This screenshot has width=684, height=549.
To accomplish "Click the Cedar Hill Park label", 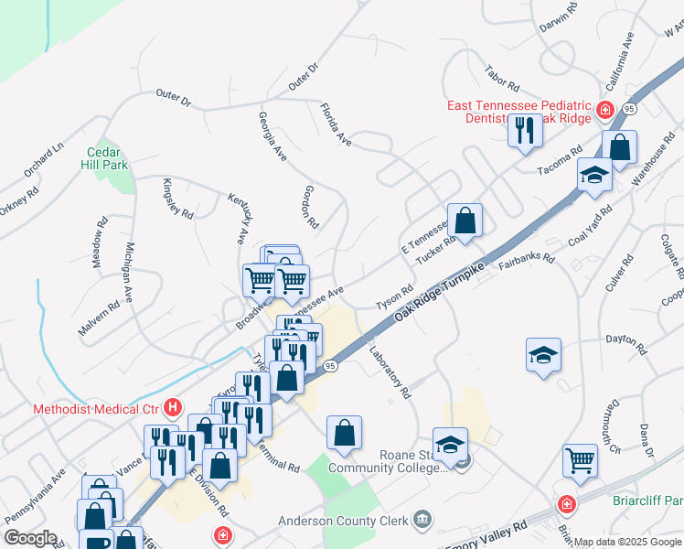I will click(x=107, y=158).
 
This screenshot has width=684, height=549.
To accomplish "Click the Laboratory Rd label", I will click(x=390, y=373).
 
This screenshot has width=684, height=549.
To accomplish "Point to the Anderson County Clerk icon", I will click(x=422, y=522).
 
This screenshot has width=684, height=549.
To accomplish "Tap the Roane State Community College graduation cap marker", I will click(x=450, y=446).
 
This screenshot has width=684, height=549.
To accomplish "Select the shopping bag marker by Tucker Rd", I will click(x=465, y=221).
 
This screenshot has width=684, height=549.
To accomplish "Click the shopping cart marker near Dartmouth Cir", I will click(x=580, y=460).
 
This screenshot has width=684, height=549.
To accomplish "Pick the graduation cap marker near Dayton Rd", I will click(x=543, y=355).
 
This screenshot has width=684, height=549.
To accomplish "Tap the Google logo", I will click(x=30, y=538).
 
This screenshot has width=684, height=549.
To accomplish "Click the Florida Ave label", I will click(x=336, y=124).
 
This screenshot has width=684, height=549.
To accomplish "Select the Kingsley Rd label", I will click(x=178, y=199).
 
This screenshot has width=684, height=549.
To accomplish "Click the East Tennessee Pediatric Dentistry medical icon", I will click(x=604, y=112).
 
